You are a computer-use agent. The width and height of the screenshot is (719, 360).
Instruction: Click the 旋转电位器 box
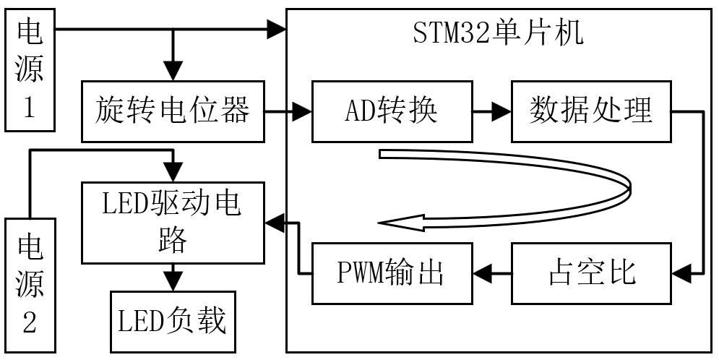[x=173, y=112]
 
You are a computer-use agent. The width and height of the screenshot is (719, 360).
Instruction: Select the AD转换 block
[x=391, y=112]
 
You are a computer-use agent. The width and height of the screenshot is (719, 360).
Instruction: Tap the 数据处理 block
[x=591, y=112]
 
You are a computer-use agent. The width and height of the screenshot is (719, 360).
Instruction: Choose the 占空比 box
[x=591, y=273]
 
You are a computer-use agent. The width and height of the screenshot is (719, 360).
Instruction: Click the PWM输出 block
[x=391, y=273]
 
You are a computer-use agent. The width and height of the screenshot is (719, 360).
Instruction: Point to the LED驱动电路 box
[x=173, y=223]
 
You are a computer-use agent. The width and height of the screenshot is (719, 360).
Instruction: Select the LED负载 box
[x=173, y=320]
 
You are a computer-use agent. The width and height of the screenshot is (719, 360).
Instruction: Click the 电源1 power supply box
[x=30, y=70]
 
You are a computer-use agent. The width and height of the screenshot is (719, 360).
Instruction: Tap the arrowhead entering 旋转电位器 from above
[x=173, y=72]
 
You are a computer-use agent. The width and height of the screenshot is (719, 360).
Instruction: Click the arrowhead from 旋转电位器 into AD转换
[x=301, y=112]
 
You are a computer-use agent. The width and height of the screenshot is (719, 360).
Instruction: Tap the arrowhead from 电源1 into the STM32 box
[x=277, y=30]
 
